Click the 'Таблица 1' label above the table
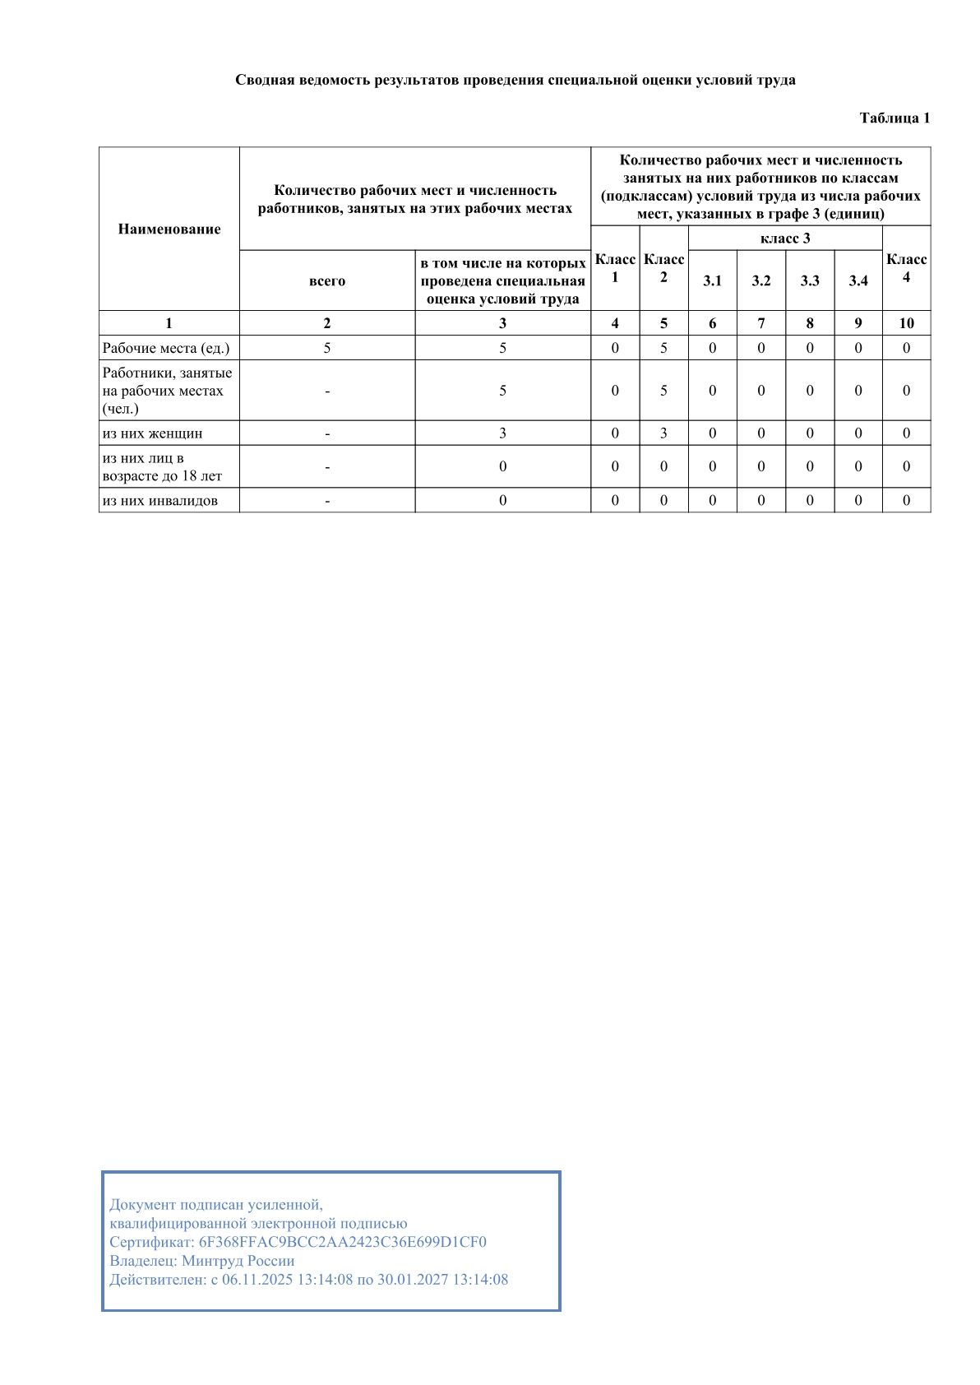pyautogui.click(x=894, y=118)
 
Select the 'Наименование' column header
pyautogui.click(x=169, y=229)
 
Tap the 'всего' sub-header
pyautogui.click(x=327, y=281)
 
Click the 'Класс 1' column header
pyautogui.click(x=615, y=268)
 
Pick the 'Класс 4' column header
pyautogui.click(x=906, y=268)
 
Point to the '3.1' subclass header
pyautogui.click(x=712, y=281)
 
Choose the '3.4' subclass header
pyautogui.click(x=858, y=281)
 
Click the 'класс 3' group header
pyautogui.click(x=785, y=239)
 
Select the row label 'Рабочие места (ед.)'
pyautogui.click(x=166, y=348)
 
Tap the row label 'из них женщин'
pyautogui.click(x=152, y=433)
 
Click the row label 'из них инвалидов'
pyautogui.click(x=159, y=501)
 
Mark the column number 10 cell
pyautogui.click(x=906, y=323)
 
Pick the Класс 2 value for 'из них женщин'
pyautogui.click(x=663, y=433)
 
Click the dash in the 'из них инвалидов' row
pyautogui.click(x=327, y=501)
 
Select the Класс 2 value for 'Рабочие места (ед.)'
pyautogui.click(x=663, y=348)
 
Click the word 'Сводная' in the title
pyautogui.click(x=262, y=81)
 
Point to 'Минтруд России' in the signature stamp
pyautogui.click(x=238, y=1261)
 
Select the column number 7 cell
pyautogui.click(x=761, y=323)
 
